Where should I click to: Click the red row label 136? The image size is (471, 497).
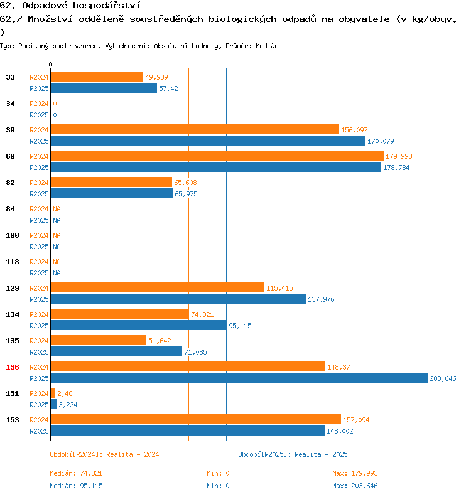(13, 367)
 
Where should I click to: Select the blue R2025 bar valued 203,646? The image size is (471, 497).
(239, 378)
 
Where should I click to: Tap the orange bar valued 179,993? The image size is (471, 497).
(217, 156)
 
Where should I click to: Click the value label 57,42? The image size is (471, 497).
(168, 88)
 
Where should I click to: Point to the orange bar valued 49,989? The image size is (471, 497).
(97, 77)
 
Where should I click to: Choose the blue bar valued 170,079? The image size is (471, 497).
(208, 141)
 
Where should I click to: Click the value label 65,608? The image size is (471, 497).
(185, 183)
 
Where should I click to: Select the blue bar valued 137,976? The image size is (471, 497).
(178, 299)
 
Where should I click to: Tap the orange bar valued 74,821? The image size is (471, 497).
(119, 314)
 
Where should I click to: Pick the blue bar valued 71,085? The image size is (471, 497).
(116, 351)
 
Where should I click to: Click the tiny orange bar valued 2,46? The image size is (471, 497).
(53, 393)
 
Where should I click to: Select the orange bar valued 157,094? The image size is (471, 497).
(195, 419)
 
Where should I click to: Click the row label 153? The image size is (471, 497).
(13, 420)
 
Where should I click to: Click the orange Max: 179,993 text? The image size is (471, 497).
(355, 473)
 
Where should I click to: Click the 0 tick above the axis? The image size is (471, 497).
(51, 65)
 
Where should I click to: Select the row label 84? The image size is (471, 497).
(11, 209)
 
